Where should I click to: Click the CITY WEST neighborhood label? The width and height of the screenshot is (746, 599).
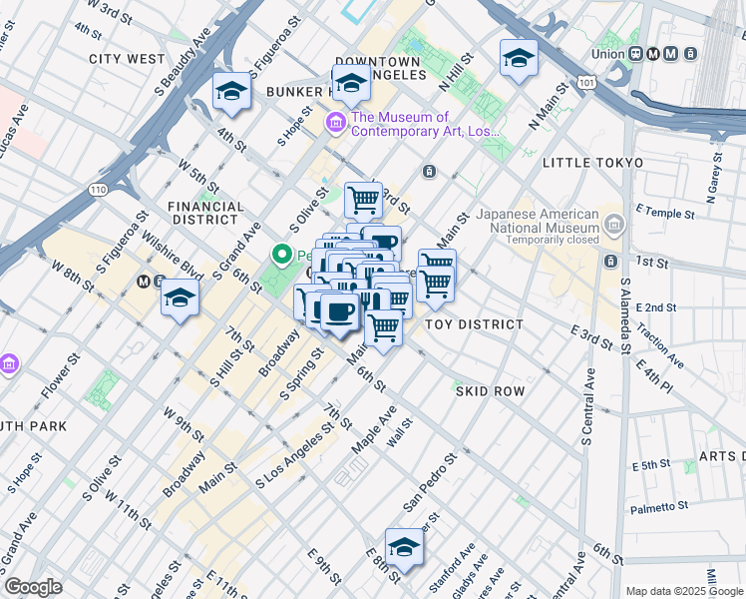127,59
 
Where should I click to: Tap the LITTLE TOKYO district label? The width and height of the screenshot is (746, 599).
589,162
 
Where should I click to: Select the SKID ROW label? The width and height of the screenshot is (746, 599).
490,391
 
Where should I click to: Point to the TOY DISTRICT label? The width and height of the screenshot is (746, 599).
474,324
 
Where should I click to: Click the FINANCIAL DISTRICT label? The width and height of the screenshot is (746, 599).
206,213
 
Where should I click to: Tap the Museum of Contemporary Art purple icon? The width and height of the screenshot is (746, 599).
336,124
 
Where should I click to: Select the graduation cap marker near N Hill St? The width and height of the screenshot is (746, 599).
519,59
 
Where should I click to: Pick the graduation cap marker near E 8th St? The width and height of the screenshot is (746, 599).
404,547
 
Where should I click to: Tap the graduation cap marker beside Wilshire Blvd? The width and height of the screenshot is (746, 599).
180,298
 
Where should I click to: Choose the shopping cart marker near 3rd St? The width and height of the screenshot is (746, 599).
363,199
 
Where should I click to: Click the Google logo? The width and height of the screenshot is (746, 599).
33,586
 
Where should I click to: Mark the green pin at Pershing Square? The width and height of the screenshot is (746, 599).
283,256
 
